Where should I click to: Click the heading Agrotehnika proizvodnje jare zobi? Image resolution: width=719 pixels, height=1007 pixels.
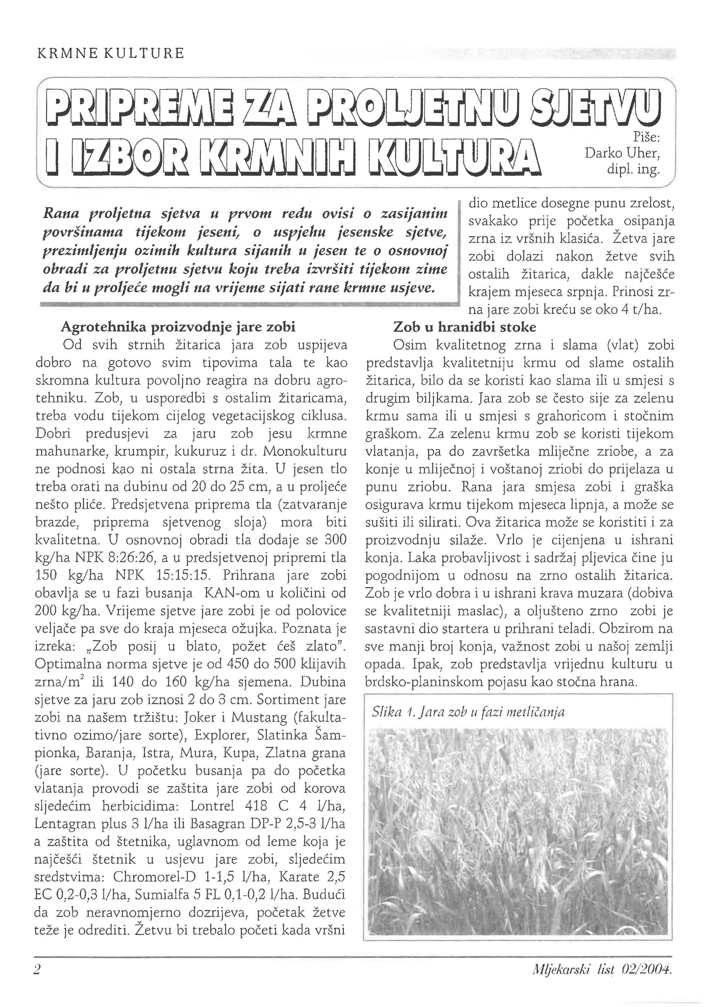(178, 327)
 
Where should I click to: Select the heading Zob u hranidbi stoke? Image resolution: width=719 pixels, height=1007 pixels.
(464, 327)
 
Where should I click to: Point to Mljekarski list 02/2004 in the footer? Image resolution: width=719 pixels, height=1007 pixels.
(603, 969)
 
